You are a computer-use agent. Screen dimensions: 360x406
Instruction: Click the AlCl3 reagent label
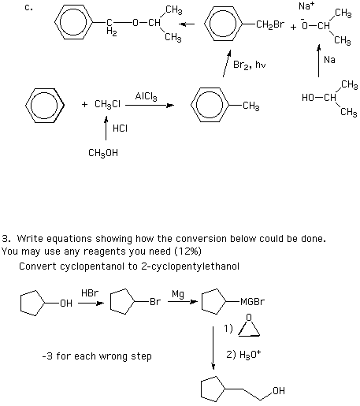point(146,96)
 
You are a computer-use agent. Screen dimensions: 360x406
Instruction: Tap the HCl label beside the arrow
point(120,129)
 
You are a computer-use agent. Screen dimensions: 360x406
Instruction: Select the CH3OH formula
point(103,153)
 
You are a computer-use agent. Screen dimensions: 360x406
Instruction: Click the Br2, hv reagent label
point(250,65)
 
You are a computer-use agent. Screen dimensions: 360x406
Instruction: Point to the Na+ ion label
point(306,6)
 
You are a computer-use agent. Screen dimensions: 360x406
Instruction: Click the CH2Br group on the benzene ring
point(270,24)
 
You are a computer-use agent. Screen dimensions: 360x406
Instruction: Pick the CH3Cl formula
point(107,104)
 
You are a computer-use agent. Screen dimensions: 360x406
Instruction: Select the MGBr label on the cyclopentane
point(252,301)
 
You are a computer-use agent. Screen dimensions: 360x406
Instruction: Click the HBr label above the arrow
point(90,293)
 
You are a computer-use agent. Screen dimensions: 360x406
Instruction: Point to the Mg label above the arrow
point(178,294)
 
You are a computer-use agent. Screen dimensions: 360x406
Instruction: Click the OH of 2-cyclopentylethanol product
point(279,391)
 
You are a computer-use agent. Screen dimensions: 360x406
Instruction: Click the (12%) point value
point(188,251)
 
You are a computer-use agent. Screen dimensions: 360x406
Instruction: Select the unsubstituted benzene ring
point(45,106)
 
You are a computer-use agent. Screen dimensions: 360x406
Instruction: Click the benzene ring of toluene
point(210,105)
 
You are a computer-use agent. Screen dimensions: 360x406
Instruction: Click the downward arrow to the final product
point(213,348)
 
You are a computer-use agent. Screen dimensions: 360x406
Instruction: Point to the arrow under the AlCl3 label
point(150,106)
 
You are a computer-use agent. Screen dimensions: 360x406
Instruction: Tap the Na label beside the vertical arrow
point(329,60)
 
